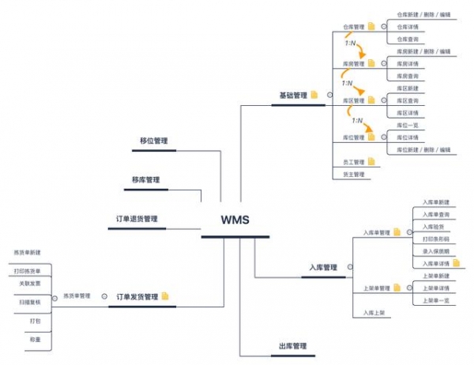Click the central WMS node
tap(235, 219)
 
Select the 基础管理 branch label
tap(292, 96)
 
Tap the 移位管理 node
tap(153, 141)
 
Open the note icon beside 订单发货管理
tap(166, 297)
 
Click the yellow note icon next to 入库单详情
tap(457, 263)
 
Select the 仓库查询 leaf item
tap(408, 39)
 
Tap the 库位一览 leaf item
tap(408, 125)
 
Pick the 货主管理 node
tap(353, 175)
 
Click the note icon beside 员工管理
tap(371, 162)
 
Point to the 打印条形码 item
tap(436, 239)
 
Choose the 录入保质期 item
tap(436, 251)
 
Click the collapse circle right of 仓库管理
tap(383, 26)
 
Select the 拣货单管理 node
tap(76, 296)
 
